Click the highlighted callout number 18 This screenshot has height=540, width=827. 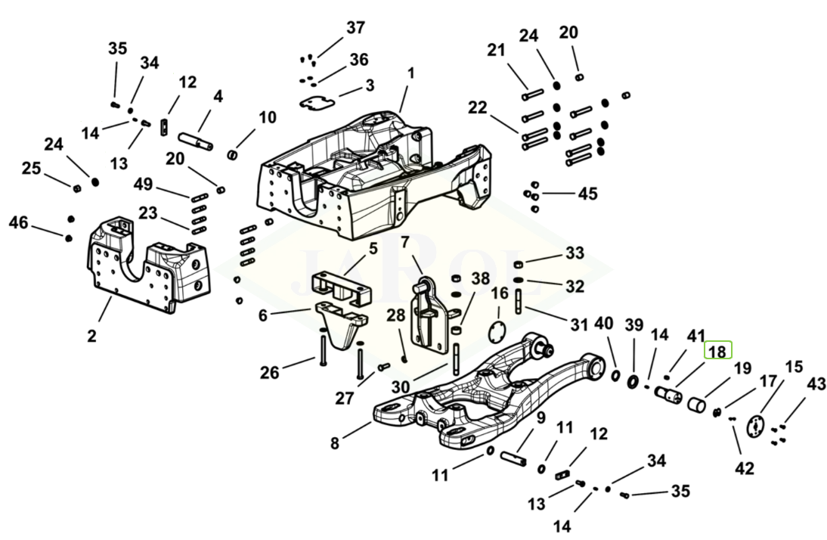[718, 351]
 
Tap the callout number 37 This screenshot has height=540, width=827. [355, 29]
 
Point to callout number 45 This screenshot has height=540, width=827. [587, 194]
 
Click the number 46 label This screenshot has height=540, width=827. [18, 222]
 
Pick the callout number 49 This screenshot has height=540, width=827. [143, 185]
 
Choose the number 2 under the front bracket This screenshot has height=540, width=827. [91, 335]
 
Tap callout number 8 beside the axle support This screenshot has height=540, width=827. [335, 443]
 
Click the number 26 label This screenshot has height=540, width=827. [270, 372]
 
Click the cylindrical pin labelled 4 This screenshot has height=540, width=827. [199, 141]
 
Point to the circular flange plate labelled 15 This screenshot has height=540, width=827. [756, 426]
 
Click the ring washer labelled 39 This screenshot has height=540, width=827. [632, 378]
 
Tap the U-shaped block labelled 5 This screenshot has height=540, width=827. [340, 284]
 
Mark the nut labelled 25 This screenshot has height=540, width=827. [76, 188]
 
